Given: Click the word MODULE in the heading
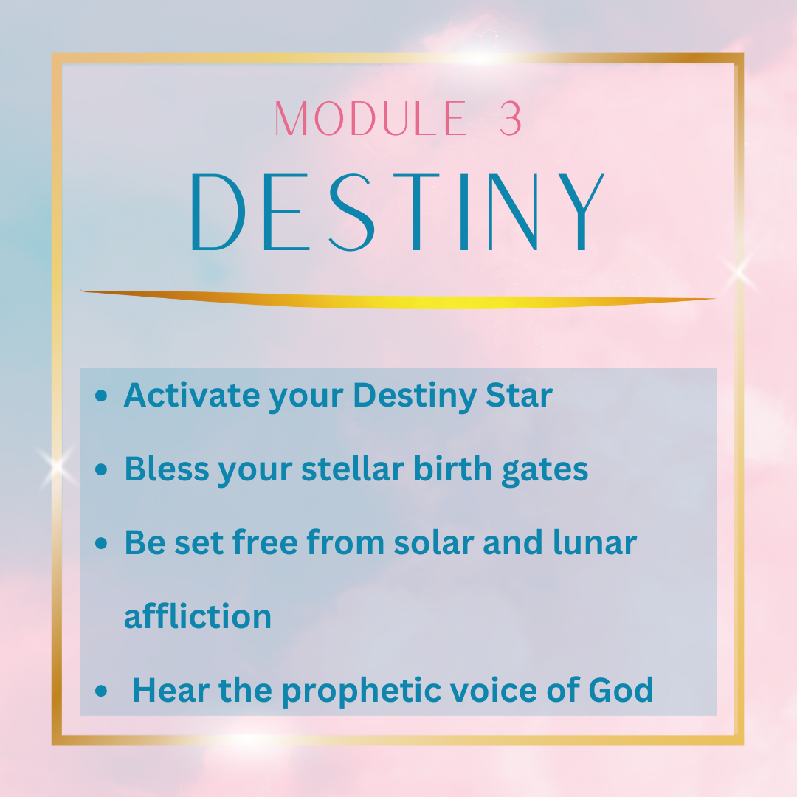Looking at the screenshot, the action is (370, 118).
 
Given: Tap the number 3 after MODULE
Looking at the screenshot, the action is (511, 118).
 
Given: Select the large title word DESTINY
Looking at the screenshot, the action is (397, 212).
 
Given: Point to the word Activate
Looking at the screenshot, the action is (191, 395).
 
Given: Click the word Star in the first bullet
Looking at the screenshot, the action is (519, 395).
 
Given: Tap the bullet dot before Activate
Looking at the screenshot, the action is (101, 396).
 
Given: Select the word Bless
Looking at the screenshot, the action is (167, 469).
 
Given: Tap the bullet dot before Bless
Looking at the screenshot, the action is (101, 469).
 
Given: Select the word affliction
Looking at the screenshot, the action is (198, 615).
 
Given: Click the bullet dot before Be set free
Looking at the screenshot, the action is (101, 543).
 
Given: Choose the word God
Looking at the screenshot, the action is (621, 690).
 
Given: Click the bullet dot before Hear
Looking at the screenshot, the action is (101, 690).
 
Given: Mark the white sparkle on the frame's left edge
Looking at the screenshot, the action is (57, 466).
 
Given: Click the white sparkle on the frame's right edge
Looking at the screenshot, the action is (739, 271).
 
